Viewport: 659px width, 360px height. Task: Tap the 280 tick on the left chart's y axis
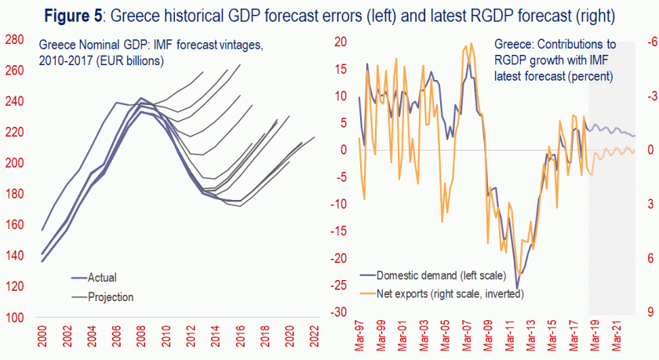pos(16,41)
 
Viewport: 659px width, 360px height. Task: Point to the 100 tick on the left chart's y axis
pos(16,318)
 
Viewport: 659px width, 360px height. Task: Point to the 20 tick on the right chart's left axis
pos(341,42)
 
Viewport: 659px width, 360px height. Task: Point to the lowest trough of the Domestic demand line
pos(517,288)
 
